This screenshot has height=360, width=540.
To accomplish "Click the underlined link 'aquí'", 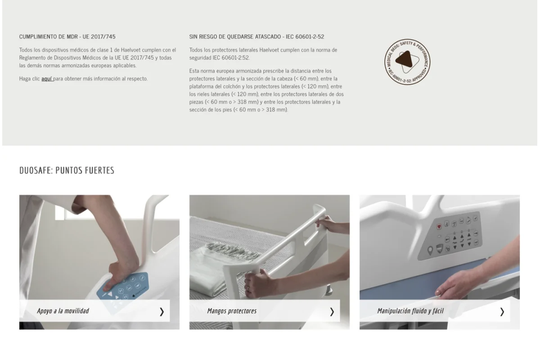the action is [47, 79].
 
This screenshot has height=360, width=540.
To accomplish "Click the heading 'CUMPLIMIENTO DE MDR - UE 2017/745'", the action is [67, 36].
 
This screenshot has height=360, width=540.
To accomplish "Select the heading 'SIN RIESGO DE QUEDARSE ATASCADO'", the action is [235, 36].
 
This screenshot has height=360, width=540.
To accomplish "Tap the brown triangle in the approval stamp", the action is [405, 59].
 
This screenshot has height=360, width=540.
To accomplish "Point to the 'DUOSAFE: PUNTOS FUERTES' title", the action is [67, 171].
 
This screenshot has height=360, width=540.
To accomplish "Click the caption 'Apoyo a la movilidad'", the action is [63, 311].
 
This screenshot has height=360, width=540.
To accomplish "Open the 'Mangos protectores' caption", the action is [232, 311].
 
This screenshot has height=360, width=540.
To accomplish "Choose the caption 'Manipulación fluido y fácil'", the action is [410, 311].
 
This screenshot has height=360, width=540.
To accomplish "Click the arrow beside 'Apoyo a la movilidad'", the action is [162, 312].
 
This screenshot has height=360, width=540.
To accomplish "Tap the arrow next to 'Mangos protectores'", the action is [332, 312].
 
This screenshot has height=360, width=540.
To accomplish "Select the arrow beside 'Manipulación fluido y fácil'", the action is [502, 312].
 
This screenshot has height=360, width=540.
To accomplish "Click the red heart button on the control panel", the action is [439, 227].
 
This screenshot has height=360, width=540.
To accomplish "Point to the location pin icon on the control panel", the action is [430, 251].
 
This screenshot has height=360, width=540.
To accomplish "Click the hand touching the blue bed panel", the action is [458, 284].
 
